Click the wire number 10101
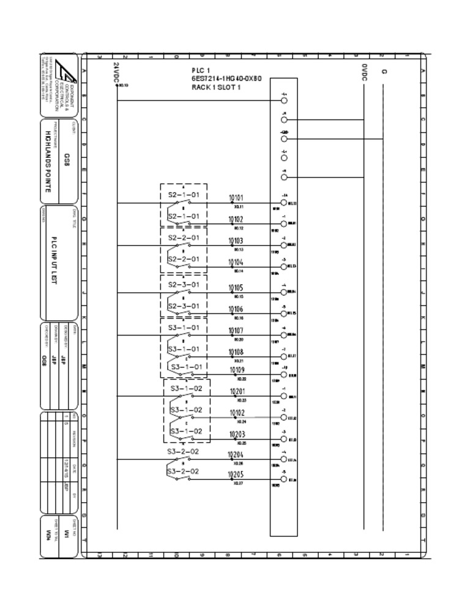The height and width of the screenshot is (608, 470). click(x=236, y=198)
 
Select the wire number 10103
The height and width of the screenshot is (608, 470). click(x=236, y=241)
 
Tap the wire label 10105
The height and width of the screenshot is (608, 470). click(x=236, y=287)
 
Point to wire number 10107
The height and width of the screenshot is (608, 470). click(x=236, y=331)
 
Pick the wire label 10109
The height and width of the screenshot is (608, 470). click(x=237, y=370)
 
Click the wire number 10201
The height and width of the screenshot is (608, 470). click(x=237, y=391)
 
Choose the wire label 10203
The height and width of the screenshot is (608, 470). click(x=237, y=435)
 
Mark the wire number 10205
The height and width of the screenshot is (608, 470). click(x=236, y=475)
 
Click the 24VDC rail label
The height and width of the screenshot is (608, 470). click(x=116, y=72)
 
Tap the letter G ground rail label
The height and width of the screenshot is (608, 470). click(x=384, y=72)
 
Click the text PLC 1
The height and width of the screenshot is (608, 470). click(x=201, y=70)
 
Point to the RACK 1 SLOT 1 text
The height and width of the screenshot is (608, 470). click(x=216, y=88)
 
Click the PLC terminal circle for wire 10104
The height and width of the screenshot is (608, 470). click(x=284, y=267)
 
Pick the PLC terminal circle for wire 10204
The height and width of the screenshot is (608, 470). click(x=284, y=459)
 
